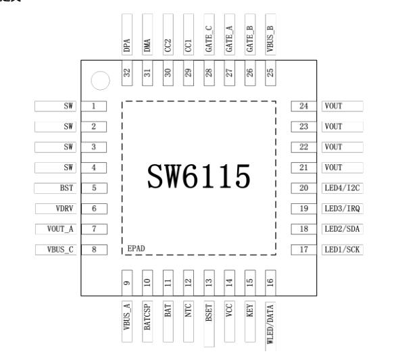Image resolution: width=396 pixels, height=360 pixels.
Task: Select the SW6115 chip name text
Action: click(199, 176)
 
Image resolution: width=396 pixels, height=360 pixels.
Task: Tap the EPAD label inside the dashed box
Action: click(136, 249)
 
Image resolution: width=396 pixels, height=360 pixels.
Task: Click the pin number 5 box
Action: click(94, 188)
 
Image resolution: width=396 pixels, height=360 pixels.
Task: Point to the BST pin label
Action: click(66, 188)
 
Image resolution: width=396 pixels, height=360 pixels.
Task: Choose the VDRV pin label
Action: click(64, 209)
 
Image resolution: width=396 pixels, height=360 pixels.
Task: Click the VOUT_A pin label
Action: click(60, 229)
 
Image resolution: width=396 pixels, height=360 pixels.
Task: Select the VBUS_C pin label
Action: click(60, 250)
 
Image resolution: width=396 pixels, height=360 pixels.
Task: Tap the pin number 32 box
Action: click(127, 73)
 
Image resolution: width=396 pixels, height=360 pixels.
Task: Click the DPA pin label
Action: click(127, 45)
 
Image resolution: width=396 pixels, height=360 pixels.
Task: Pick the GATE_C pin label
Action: click(209, 39)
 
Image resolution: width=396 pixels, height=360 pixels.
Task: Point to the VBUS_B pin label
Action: click(270, 38)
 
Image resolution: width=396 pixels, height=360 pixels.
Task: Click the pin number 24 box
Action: click(303, 106)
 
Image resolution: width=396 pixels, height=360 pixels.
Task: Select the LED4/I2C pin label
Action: click(342, 188)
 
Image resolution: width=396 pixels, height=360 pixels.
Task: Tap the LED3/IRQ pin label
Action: click(342, 209)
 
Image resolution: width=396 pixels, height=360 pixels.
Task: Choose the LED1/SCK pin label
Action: click(342, 250)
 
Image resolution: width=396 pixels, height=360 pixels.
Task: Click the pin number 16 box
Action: click(270, 283)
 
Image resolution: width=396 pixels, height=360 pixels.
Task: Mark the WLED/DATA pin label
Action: click(270, 324)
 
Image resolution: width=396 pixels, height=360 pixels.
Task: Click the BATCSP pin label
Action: click(147, 317)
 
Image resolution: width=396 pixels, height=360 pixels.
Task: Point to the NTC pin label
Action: click(189, 310)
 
